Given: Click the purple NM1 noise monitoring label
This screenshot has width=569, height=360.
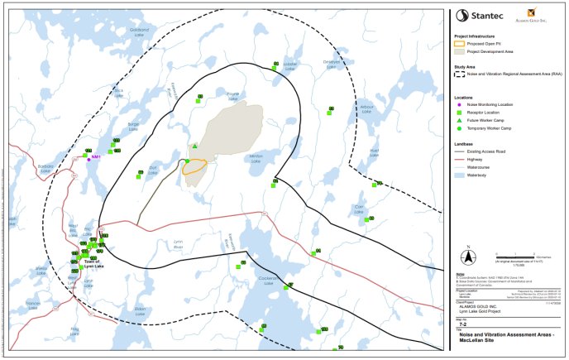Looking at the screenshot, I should pyautogui.click(x=95, y=156).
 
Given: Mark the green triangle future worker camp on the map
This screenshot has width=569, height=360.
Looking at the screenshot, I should pyautogui.click(x=194, y=147).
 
